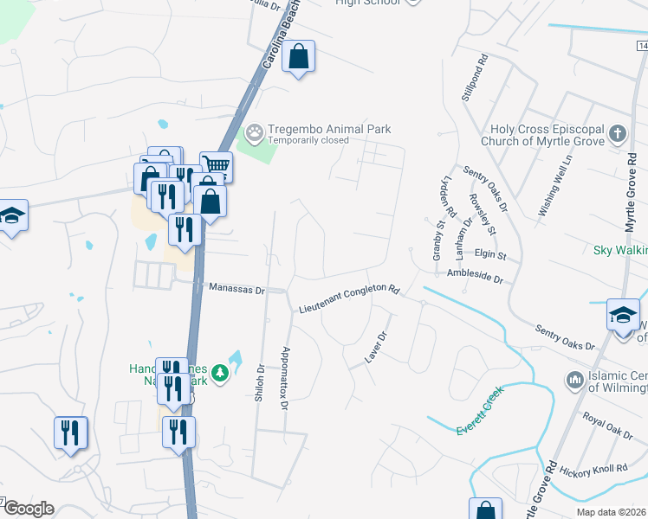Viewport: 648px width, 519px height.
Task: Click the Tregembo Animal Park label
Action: click(x=329, y=129)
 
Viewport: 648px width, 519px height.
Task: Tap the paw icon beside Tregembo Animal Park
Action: click(x=254, y=133)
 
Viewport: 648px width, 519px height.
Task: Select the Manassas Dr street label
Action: click(x=237, y=290)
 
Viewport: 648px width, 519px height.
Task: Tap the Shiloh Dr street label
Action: click(x=259, y=381)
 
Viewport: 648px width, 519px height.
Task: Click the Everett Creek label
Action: click(x=481, y=412)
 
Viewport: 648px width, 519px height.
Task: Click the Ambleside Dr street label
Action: click(x=475, y=277)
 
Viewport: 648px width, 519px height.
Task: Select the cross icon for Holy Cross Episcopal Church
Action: click(x=617, y=133)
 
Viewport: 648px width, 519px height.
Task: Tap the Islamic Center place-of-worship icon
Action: click(x=574, y=379)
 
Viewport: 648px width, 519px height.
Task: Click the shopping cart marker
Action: click(x=217, y=165)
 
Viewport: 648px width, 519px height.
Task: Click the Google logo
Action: click(x=28, y=509)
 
